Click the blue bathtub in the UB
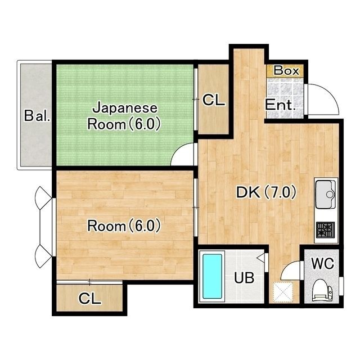(x=213, y=276)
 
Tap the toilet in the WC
(x=322, y=290)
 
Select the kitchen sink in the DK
(x=326, y=194)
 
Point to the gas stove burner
(x=326, y=230)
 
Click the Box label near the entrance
(x=286, y=70)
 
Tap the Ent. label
(x=280, y=105)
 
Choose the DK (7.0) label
(x=266, y=192)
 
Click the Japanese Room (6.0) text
(x=124, y=116)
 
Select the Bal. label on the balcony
(x=37, y=116)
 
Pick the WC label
(x=322, y=263)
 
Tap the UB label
(x=244, y=277)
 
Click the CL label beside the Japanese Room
(x=214, y=100)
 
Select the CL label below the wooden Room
(x=90, y=299)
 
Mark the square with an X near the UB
(x=283, y=292)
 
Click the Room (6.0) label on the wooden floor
(x=124, y=226)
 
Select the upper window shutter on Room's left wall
(x=43, y=197)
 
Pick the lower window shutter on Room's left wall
(x=43, y=256)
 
